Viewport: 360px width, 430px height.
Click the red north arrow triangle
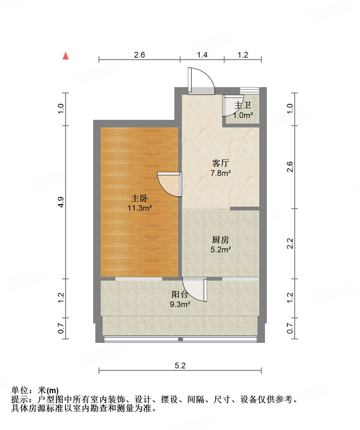point(65,56)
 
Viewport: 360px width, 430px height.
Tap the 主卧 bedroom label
point(139,198)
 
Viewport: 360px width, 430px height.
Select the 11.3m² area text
point(140,208)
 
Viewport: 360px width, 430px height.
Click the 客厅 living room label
point(220,163)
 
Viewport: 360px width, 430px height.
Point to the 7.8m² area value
point(221,173)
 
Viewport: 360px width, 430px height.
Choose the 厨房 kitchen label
point(220,240)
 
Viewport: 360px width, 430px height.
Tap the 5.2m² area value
point(221,250)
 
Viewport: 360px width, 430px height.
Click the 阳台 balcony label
point(180,294)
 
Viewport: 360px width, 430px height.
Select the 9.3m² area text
point(180,304)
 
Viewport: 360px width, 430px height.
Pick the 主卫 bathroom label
point(243,105)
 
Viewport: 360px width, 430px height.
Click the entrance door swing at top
point(201,81)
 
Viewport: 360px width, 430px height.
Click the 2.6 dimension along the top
point(139,55)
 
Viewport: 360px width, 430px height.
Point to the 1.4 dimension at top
point(202,55)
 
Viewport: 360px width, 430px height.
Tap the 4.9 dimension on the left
point(61,202)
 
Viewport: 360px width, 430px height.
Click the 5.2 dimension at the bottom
point(180,366)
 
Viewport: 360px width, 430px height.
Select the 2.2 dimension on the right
point(290,243)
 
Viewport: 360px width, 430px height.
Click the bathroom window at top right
point(250,91)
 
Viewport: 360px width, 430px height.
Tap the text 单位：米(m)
point(35,390)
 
